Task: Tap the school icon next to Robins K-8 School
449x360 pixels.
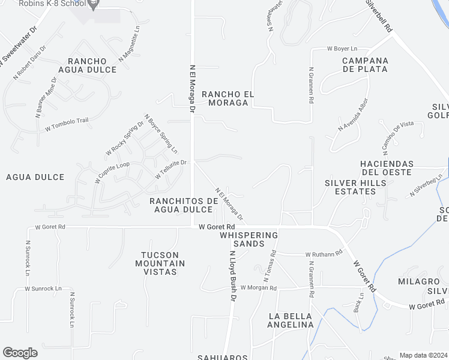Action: coord(93,5)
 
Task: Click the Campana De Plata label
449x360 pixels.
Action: coord(365,65)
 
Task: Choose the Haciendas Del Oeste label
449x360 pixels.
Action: coord(386,168)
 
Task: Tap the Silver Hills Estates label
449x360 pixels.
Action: coord(350,187)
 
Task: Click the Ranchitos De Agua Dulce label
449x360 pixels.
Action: coord(183,205)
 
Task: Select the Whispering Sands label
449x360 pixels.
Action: coord(250,239)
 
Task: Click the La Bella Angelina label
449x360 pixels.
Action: coord(291,320)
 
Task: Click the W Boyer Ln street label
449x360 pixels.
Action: coord(342,48)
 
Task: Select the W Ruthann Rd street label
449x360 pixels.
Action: coord(324,254)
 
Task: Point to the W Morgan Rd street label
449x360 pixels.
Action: coord(258,288)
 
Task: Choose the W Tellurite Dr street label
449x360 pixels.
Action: coord(171,169)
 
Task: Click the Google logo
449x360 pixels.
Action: coord(20,353)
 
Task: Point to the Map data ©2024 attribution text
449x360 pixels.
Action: coord(423,355)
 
